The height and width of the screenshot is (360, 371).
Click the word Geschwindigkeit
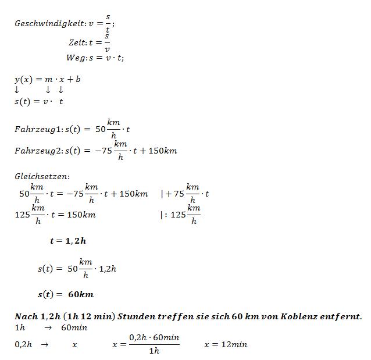pos(49,24)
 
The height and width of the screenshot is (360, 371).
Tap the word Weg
pos(75,58)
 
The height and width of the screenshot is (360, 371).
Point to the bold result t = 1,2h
pos(68,240)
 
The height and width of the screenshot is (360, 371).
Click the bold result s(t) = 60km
pos(65,294)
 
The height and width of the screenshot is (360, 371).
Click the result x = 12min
pos(225,344)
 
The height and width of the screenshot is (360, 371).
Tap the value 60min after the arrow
pos(75,328)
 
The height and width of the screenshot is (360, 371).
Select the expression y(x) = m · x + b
pos(47,79)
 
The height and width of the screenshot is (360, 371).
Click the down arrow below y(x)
pos(17,90)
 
